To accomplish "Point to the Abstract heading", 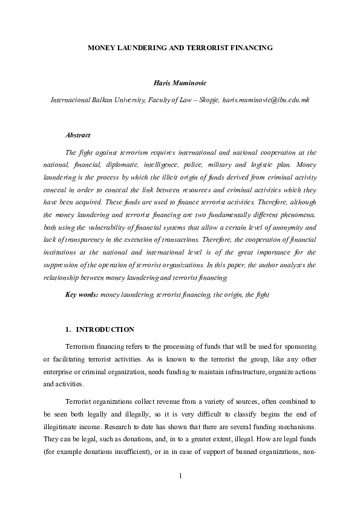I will [77, 135].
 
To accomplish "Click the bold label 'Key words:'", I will [82, 294].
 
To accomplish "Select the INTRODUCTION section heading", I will [105, 329].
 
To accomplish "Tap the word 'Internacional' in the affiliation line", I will [70, 99].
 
